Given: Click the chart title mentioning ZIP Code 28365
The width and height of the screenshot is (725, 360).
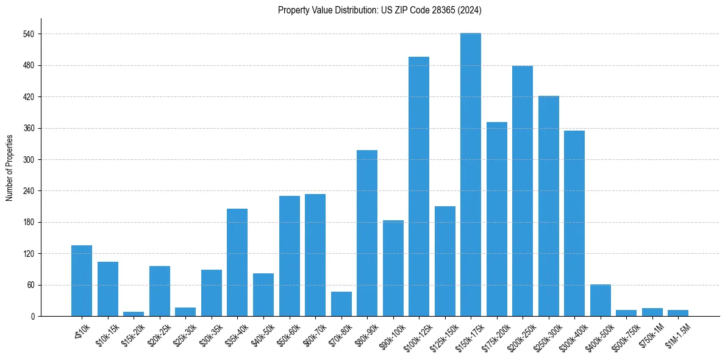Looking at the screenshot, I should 380,10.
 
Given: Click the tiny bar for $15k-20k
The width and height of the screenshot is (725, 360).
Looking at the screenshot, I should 134,314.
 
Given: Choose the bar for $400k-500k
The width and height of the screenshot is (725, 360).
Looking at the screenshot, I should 601,300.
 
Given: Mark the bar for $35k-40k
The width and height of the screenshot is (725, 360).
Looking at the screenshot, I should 237,262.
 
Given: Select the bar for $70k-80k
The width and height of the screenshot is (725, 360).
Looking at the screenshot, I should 341,304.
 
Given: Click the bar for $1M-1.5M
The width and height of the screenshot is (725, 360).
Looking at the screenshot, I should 678,313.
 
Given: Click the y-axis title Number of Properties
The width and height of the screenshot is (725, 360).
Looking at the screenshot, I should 9,168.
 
